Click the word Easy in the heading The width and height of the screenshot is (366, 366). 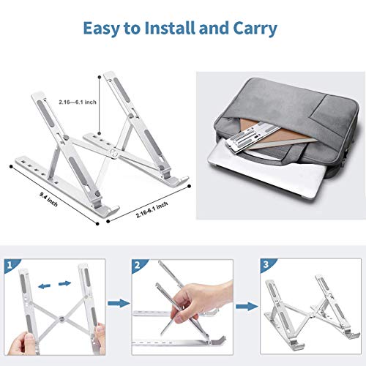(x=103, y=29)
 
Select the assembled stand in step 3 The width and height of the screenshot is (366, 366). (x=311, y=304)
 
